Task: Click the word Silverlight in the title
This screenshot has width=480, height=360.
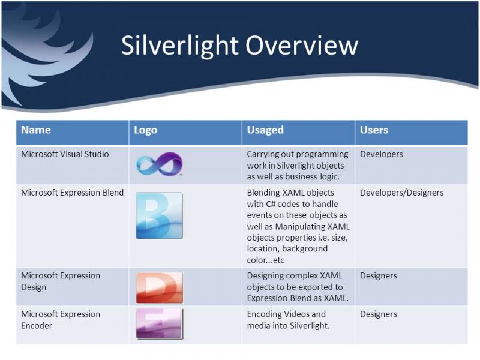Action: (179, 46)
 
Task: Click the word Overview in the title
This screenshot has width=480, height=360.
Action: (302, 46)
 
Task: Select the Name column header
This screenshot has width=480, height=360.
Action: (36, 130)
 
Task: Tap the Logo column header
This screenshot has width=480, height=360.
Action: (145, 130)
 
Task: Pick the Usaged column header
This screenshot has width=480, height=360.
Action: (265, 130)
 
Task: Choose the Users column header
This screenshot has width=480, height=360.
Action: (374, 130)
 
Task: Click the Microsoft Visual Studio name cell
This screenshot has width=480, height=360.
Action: (65, 154)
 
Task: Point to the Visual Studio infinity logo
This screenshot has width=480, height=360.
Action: (160, 164)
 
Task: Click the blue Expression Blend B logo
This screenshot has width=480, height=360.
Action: (160, 215)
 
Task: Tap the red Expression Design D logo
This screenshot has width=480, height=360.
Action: (160, 288)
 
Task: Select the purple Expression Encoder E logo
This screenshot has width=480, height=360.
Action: (160, 323)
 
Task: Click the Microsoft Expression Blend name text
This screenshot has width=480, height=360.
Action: (72, 193)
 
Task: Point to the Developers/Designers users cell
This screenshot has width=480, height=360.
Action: (401, 193)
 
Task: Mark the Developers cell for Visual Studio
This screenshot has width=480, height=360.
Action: (382, 154)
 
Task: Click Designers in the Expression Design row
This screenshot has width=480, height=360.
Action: (379, 276)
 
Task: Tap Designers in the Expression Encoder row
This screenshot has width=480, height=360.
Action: (379, 314)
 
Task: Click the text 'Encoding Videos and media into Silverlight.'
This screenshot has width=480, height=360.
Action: (288, 320)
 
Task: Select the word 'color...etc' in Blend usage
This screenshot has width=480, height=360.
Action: (265, 260)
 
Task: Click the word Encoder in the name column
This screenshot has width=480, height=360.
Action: (37, 326)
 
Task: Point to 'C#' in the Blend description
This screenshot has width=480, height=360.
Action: (271, 204)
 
